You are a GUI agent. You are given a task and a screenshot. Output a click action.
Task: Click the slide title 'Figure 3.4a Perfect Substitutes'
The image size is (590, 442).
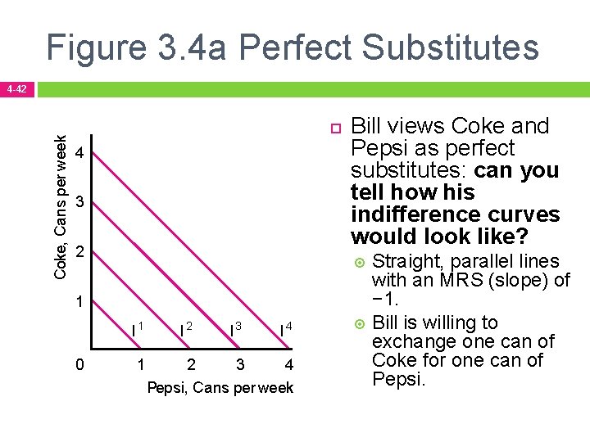pos(293,47)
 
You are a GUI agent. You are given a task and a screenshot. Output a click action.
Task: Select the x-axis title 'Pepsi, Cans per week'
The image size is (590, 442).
pos(220,387)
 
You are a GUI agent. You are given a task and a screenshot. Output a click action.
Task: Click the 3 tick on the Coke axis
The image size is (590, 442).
pos(79,202)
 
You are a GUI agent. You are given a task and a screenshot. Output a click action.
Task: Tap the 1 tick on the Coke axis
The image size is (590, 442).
pos(79,301)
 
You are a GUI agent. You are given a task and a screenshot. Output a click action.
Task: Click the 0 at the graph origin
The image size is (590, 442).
pos(79,364)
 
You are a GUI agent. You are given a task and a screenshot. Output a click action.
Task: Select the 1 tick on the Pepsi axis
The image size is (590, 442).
pos(140,364)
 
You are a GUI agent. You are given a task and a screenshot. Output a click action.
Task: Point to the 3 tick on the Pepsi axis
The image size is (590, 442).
pos(240,364)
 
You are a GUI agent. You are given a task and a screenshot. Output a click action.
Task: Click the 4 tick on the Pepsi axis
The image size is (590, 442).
pos(289,364)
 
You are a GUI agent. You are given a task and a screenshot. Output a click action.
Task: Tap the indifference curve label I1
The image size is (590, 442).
pos(138,329)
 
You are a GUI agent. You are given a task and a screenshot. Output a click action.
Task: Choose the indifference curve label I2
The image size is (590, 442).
pos(186,329)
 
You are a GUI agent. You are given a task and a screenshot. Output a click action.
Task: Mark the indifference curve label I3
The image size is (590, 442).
pos(236,329)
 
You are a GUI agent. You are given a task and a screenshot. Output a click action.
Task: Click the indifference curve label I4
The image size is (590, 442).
pos(286,329)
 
